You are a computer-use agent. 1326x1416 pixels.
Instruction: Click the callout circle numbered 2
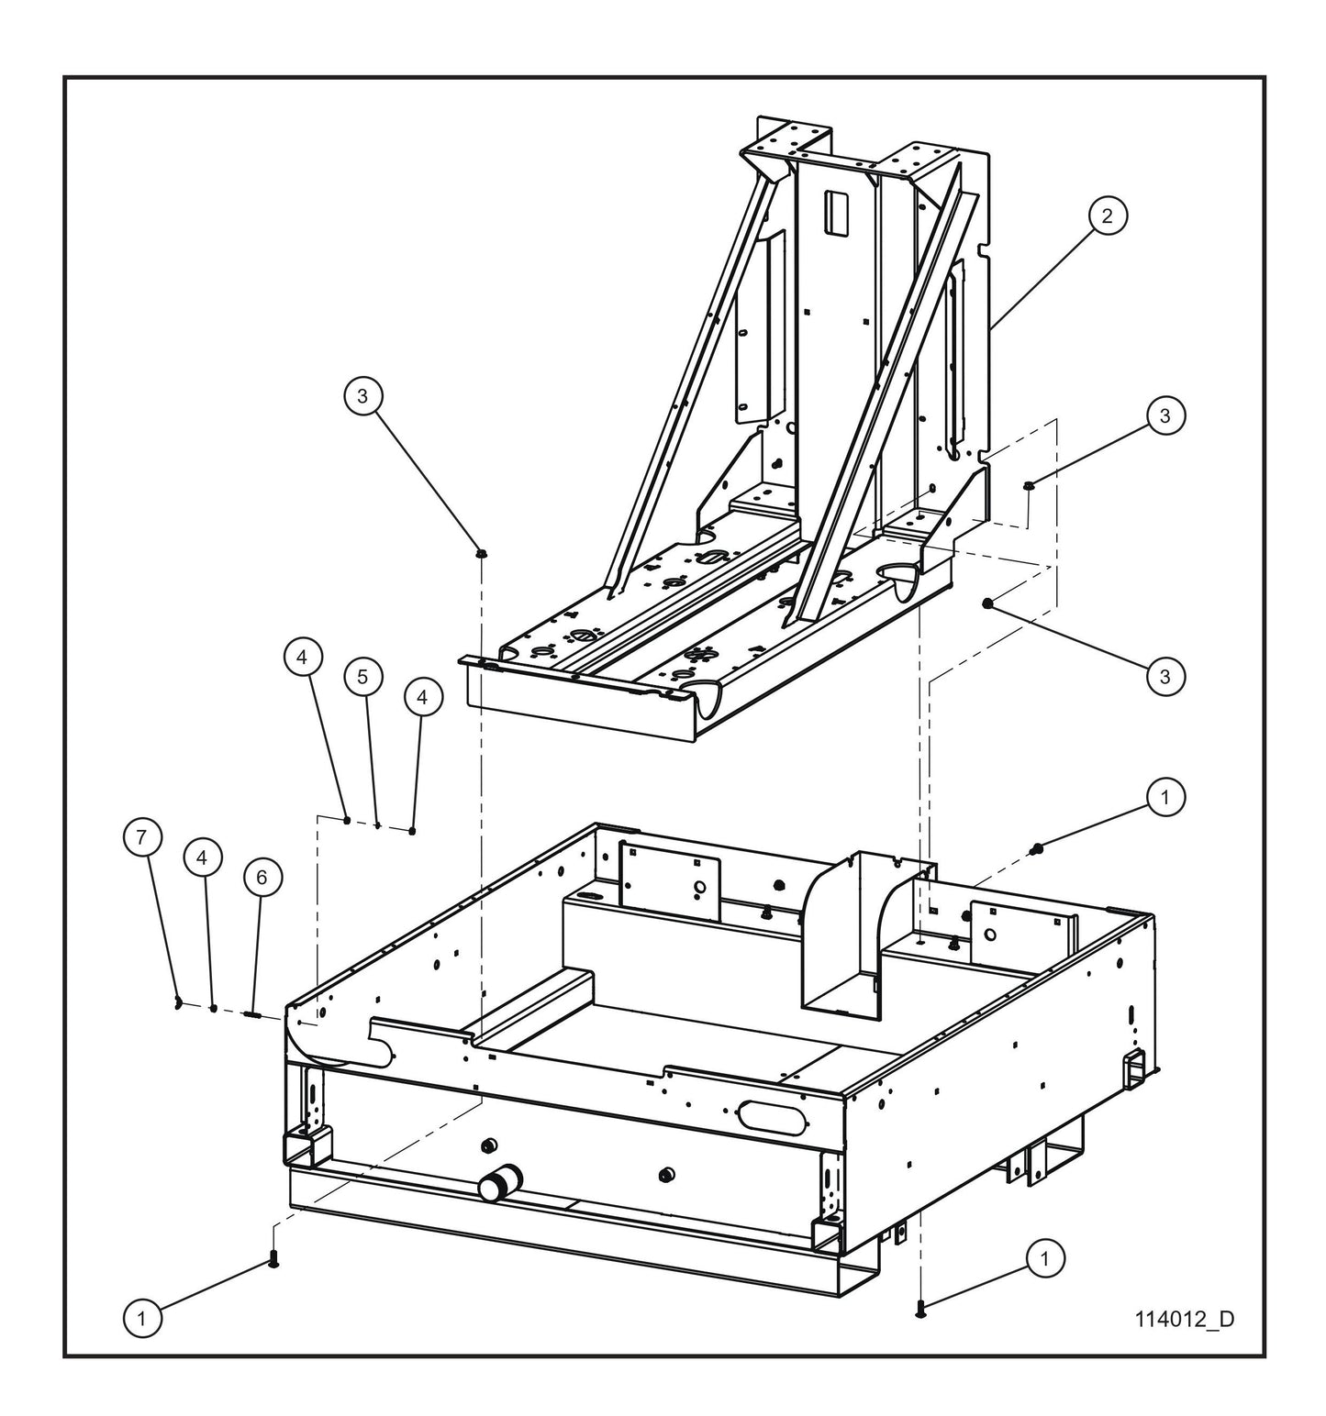pos(1107,216)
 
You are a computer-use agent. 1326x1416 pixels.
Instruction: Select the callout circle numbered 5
pos(362,677)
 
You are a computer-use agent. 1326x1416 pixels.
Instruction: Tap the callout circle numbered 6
pos(262,878)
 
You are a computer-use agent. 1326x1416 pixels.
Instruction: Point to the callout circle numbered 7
pos(142,837)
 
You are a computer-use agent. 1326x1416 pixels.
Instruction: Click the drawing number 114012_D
pos(1184,1319)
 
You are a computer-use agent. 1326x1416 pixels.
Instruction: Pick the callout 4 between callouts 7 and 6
pos(203,857)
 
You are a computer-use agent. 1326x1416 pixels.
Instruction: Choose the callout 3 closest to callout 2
pos(1164,415)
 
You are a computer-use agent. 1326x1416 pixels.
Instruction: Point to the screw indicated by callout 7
pos(176,1003)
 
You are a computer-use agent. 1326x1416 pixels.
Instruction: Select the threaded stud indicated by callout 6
pos(253,1013)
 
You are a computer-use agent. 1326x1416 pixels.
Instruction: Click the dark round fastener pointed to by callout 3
pos(986,603)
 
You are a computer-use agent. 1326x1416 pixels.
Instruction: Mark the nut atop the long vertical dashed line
pos(481,553)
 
